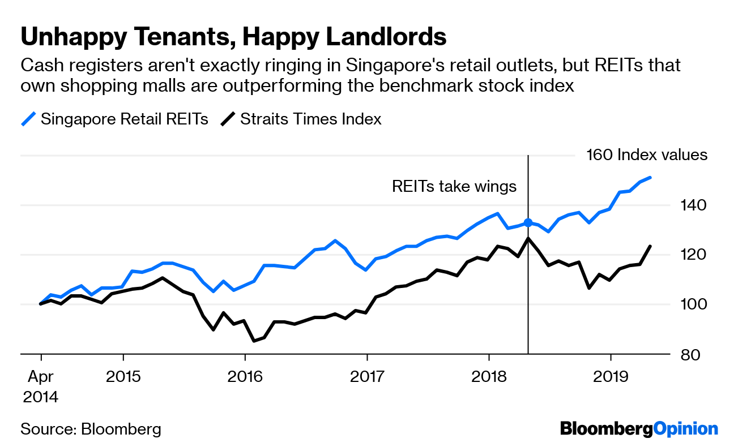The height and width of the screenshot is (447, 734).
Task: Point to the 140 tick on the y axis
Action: (x=686, y=205)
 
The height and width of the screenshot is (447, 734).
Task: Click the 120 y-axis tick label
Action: (x=686, y=255)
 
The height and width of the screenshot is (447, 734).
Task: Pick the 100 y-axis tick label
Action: (x=686, y=304)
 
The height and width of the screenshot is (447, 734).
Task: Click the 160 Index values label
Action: (x=647, y=155)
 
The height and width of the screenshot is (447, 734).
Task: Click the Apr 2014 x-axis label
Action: (x=40, y=385)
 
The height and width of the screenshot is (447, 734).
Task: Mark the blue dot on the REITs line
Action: (x=528, y=223)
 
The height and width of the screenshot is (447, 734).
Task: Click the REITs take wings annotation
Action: (x=454, y=187)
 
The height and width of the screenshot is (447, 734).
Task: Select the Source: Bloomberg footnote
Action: (x=91, y=429)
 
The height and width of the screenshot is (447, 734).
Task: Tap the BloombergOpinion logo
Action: (x=639, y=429)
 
